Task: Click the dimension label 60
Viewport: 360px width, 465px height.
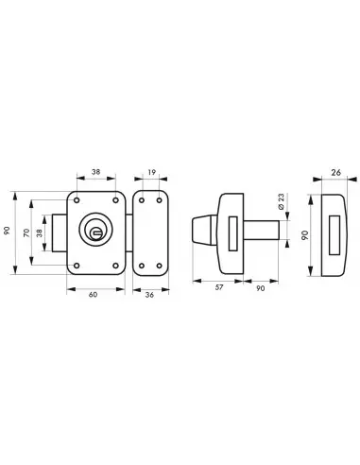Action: (93, 295)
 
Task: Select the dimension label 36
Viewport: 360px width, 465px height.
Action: (149, 295)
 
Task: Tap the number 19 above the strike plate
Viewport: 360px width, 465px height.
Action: (152, 172)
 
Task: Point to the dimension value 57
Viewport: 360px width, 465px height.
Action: (219, 287)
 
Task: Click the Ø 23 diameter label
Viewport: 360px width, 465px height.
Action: (282, 201)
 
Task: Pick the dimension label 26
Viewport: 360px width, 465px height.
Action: (336, 173)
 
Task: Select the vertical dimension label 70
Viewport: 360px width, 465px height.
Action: (26, 232)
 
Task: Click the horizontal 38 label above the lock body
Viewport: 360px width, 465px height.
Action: (95, 172)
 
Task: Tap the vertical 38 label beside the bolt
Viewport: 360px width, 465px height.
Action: (39, 233)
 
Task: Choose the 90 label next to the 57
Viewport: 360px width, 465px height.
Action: (261, 288)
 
